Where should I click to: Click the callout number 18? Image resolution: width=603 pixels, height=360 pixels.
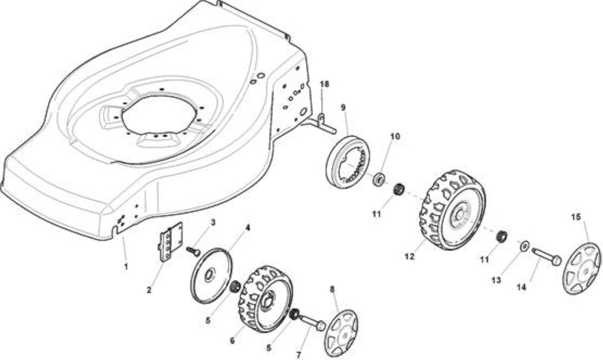coord(325,84)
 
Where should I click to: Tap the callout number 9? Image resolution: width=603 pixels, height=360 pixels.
coord(343,107)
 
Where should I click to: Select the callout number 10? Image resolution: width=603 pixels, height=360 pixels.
coord(395,137)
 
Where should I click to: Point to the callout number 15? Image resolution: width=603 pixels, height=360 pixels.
coord(576,217)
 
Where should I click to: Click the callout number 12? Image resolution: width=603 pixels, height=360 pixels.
coord(409,257)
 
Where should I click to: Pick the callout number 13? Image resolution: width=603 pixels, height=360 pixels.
coord(497,280)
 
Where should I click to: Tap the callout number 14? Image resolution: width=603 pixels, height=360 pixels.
coord(522,287)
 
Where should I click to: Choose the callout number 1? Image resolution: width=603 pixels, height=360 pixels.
coord(126,267)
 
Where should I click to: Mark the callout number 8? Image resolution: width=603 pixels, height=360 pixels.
coord(332,289)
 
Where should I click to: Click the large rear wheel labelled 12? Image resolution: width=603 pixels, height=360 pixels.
coord(453,210)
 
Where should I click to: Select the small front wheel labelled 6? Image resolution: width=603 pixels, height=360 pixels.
coord(265,299)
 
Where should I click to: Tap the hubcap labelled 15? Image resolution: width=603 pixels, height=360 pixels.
coord(581,269)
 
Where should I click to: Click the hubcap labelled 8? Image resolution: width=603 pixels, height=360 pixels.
coord(341,333)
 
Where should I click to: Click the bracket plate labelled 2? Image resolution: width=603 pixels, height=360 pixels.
coord(170,242)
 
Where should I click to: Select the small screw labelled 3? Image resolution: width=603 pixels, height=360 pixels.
coord(193,251)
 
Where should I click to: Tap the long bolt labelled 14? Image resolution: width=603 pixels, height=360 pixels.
coord(546,257)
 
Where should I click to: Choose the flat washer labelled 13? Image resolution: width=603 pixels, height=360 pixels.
coord(524,246)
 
